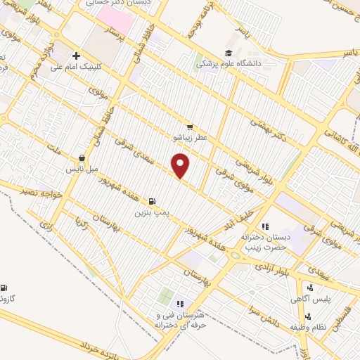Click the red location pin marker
181,166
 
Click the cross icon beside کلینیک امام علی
76,56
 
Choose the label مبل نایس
79,169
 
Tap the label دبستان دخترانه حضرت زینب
266,243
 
